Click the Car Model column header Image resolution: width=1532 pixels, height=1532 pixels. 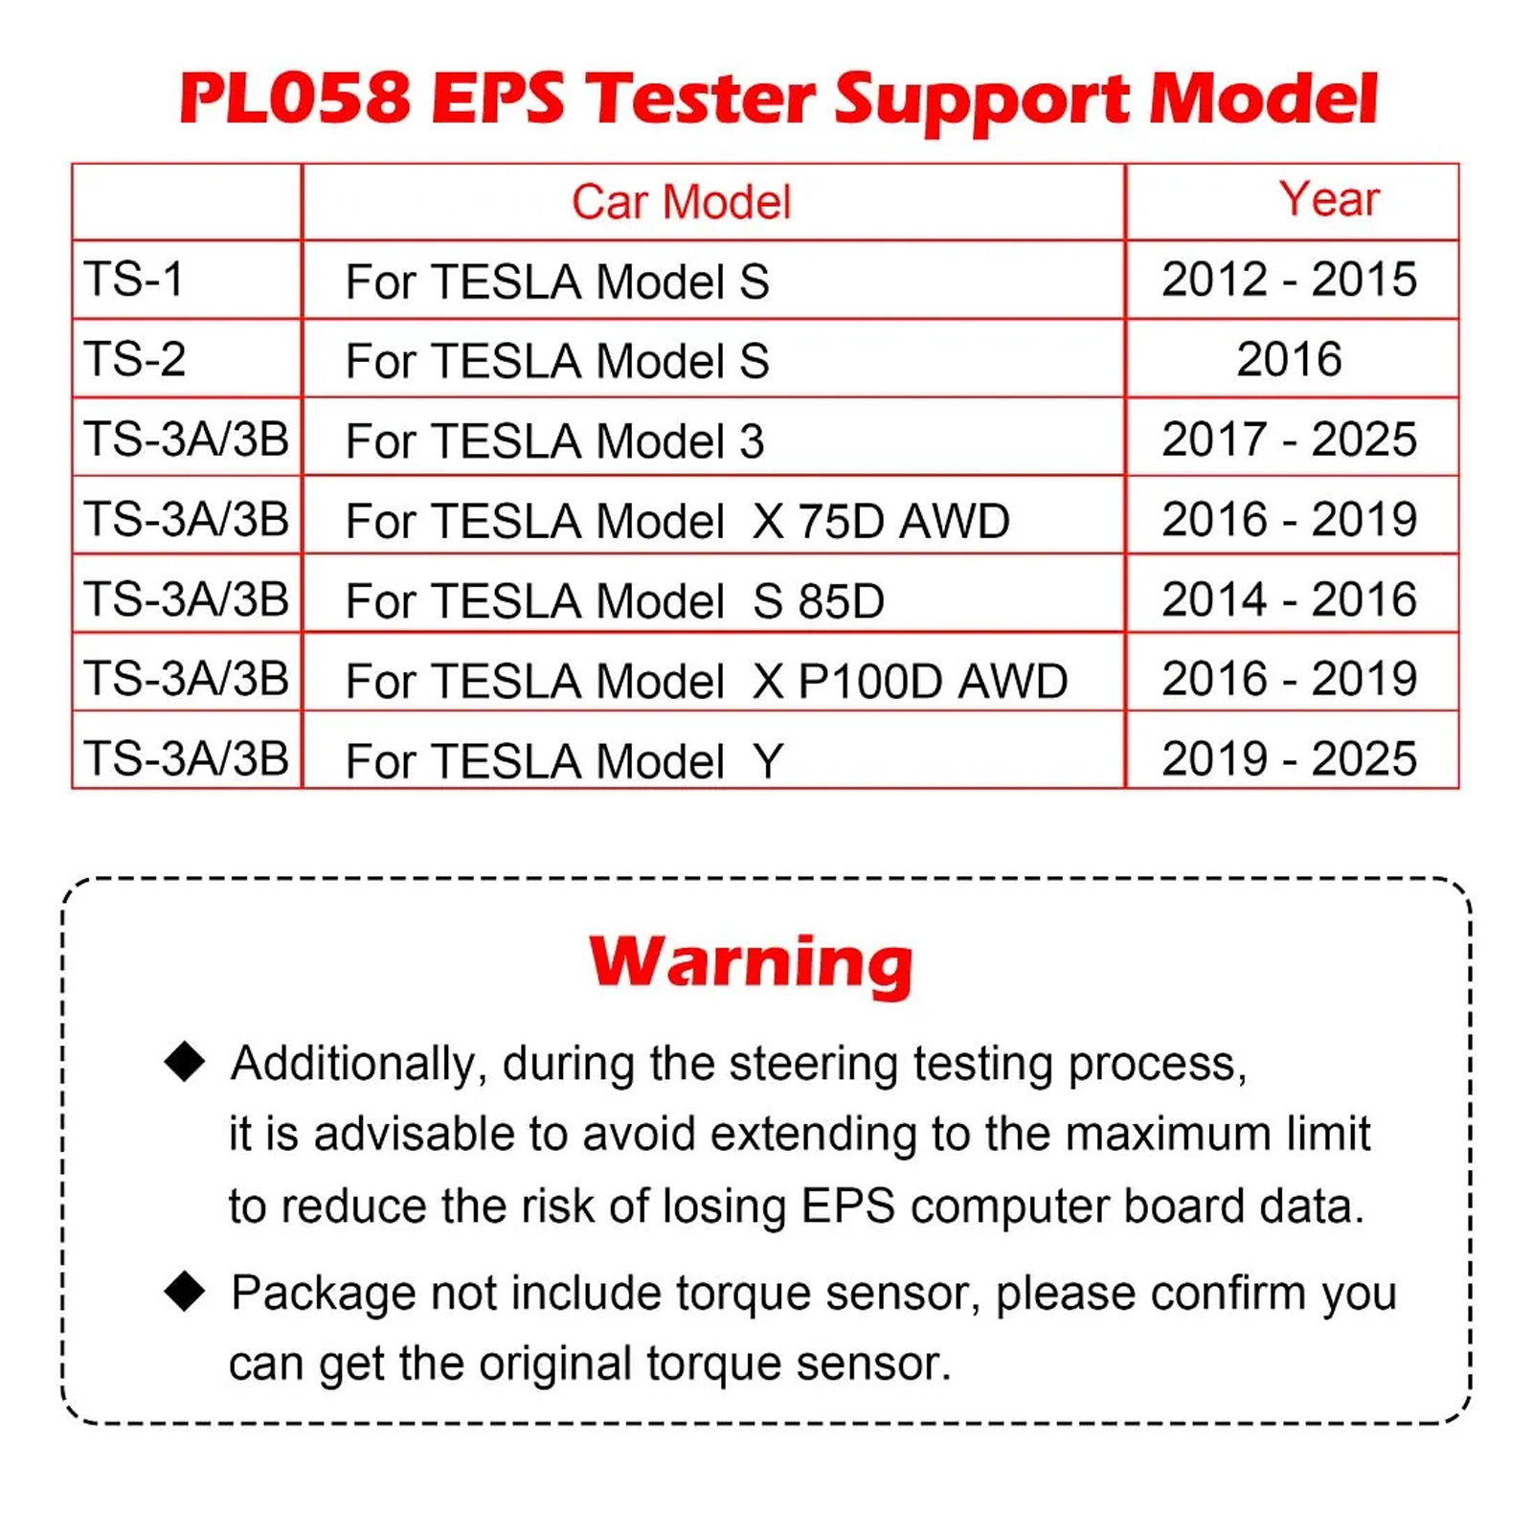point(681,202)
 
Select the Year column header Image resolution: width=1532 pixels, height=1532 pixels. point(1329,199)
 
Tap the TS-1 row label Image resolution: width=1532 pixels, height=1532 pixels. point(133,280)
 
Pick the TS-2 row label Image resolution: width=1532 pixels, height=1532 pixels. point(134,360)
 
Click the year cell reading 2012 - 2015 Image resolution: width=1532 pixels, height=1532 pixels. point(1289,280)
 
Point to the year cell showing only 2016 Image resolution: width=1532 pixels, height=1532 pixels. point(1289,360)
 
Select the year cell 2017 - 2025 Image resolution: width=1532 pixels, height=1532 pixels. point(1289,439)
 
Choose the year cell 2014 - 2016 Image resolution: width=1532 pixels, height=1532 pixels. point(1289,599)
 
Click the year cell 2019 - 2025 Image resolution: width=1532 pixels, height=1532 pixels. point(1289,759)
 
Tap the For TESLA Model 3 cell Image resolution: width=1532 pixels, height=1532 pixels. point(555,441)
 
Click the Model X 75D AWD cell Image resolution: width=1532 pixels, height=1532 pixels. point(678,522)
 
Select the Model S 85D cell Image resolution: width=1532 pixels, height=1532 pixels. point(615,601)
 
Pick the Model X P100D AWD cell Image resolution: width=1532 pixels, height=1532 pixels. point(707,682)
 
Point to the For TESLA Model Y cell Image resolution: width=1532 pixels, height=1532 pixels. point(565,762)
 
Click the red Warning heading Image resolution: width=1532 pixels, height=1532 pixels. point(752,964)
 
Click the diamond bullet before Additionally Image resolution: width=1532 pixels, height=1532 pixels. point(185,1062)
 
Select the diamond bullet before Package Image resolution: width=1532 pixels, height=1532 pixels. point(185,1292)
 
